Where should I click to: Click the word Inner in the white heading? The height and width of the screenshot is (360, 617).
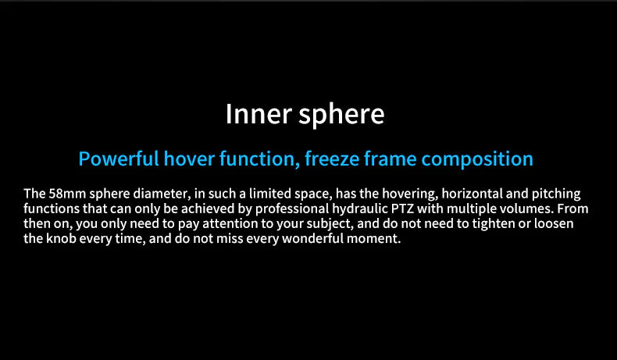click(259, 114)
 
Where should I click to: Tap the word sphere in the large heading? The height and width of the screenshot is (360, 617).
click(341, 115)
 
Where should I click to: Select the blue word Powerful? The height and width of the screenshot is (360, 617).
click(119, 159)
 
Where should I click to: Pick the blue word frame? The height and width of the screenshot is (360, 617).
click(391, 159)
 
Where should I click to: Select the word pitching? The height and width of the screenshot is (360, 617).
click(556, 194)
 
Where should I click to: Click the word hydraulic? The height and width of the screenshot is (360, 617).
click(360, 209)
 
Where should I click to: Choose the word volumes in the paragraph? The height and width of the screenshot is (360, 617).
click(526, 209)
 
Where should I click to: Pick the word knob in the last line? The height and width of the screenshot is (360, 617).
click(61, 238)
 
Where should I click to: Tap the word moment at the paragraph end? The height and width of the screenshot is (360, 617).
click(374, 239)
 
